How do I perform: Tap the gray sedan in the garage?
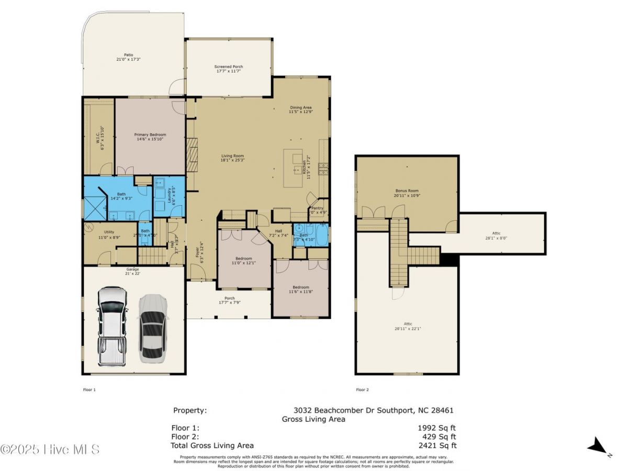click(152, 329)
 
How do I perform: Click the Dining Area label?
click(300, 109)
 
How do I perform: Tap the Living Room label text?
click(233, 158)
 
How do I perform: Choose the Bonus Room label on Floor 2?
click(407, 193)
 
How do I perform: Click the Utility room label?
click(109, 234)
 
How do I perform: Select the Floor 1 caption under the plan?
click(89, 389)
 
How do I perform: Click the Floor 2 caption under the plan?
click(362, 389)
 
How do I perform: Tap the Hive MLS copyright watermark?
click(50, 449)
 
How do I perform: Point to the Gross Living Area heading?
click(313, 419)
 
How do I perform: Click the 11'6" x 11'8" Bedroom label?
click(301, 289)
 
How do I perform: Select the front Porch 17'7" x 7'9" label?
click(229, 301)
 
